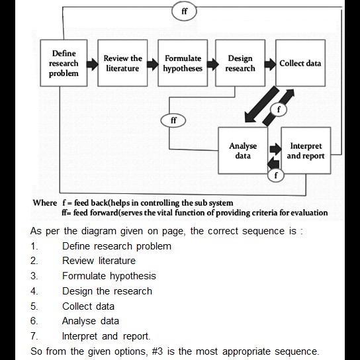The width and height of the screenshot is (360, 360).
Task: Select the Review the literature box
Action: coord(122,64)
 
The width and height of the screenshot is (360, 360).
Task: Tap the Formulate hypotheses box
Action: coord(183,64)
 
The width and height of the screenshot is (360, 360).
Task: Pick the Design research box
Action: coord(240,64)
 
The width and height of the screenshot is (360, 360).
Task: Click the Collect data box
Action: coord(300,64)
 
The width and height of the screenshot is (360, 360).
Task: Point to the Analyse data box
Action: coord(243,151)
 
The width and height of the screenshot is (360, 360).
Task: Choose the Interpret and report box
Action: coord(306,151)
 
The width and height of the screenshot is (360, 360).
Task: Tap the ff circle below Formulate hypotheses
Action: coord(173,121)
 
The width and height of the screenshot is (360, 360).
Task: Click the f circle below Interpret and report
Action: coord(278,175)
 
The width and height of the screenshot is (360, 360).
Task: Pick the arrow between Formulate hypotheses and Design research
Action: coord(212,64)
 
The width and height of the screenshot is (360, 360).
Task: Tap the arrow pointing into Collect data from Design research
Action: coord(269,64)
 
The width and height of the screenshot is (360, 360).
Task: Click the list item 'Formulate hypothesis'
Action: coord(109,276)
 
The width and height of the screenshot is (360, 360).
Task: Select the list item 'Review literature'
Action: coord(99,261)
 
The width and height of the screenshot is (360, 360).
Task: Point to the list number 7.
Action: coord(34,336)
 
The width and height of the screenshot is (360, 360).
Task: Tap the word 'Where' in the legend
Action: coord(45,202)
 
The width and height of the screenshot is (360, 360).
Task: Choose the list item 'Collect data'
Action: coord(88,306)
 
